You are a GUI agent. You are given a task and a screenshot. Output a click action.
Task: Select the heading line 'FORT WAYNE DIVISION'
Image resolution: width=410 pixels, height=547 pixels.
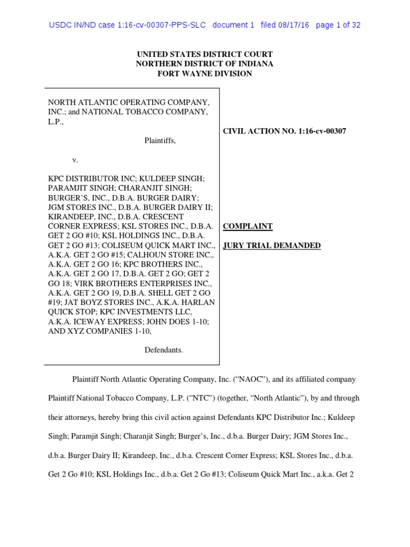click(x=204, y=74)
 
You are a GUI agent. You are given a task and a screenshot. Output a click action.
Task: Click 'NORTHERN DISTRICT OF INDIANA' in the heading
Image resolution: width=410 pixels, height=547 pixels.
click(x=204, y=64)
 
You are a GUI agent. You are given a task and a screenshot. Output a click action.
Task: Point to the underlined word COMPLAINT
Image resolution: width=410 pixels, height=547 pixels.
click(x=248, y=226)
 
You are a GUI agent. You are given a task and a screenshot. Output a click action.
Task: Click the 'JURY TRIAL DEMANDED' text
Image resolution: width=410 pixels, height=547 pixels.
click(x=272, y=246)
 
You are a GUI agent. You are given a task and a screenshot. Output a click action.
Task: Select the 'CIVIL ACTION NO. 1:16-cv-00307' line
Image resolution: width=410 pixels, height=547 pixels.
click(x=284, y=131)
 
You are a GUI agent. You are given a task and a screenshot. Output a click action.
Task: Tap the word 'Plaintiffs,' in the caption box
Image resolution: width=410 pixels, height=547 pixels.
click(x=160, y=141)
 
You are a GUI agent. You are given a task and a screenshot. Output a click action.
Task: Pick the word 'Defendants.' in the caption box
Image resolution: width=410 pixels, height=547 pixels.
click(x=164, y=350)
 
